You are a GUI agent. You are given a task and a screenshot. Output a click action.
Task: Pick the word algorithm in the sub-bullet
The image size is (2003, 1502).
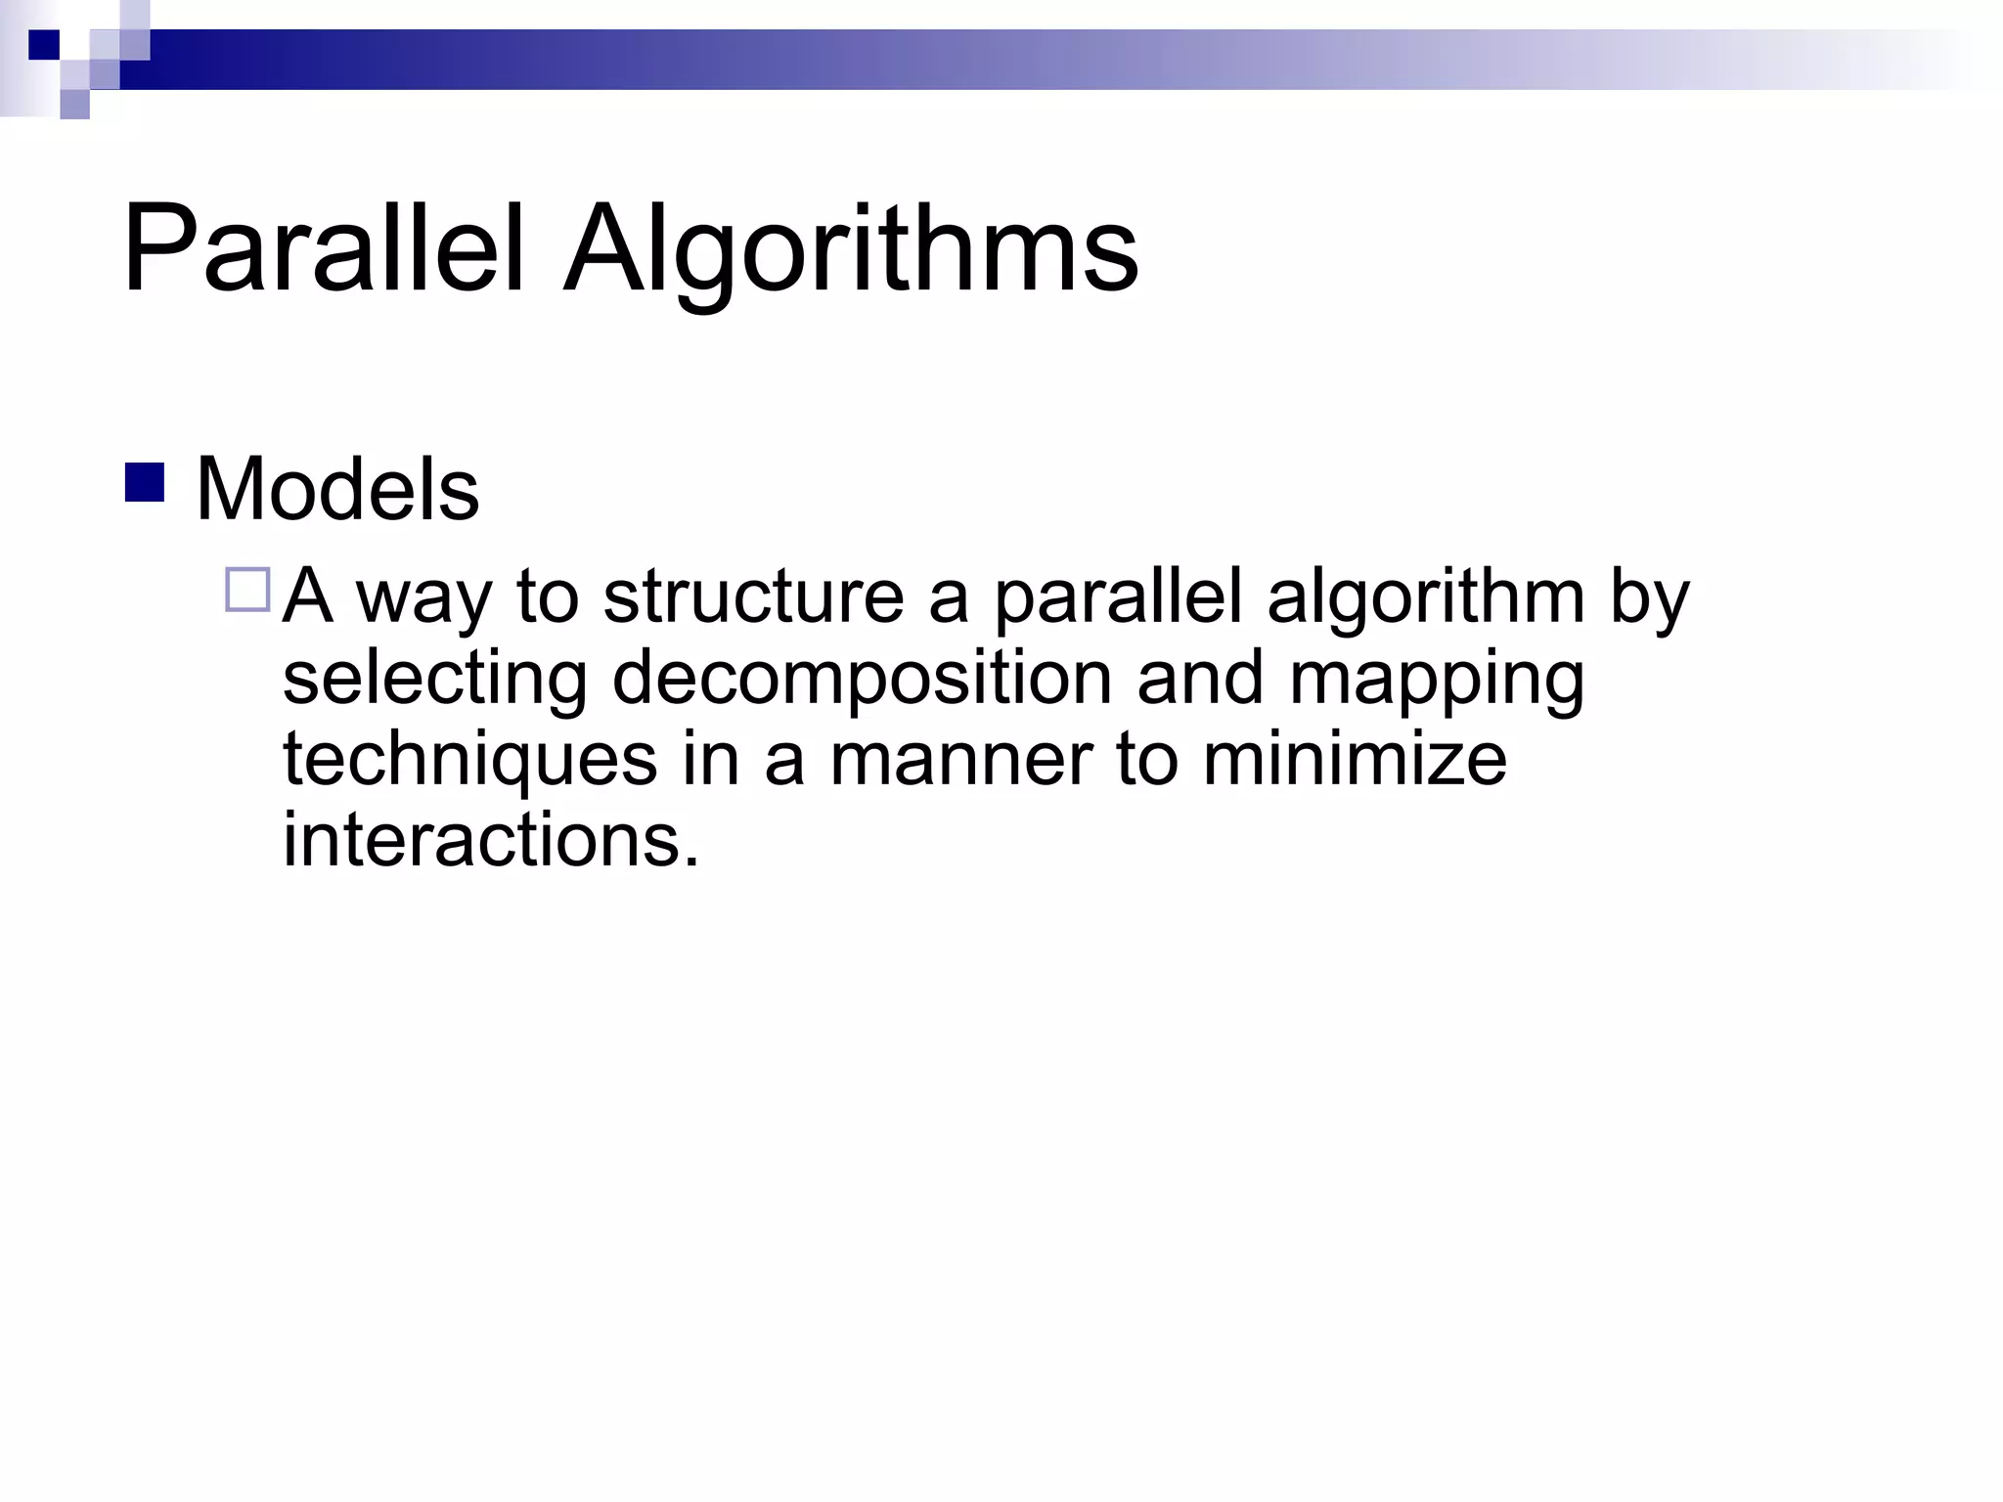1425,598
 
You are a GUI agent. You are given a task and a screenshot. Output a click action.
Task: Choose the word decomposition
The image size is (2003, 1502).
862,681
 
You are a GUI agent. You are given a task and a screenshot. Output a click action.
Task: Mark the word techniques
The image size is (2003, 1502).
469,761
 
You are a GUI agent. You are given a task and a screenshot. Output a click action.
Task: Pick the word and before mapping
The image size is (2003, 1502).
1200,679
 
